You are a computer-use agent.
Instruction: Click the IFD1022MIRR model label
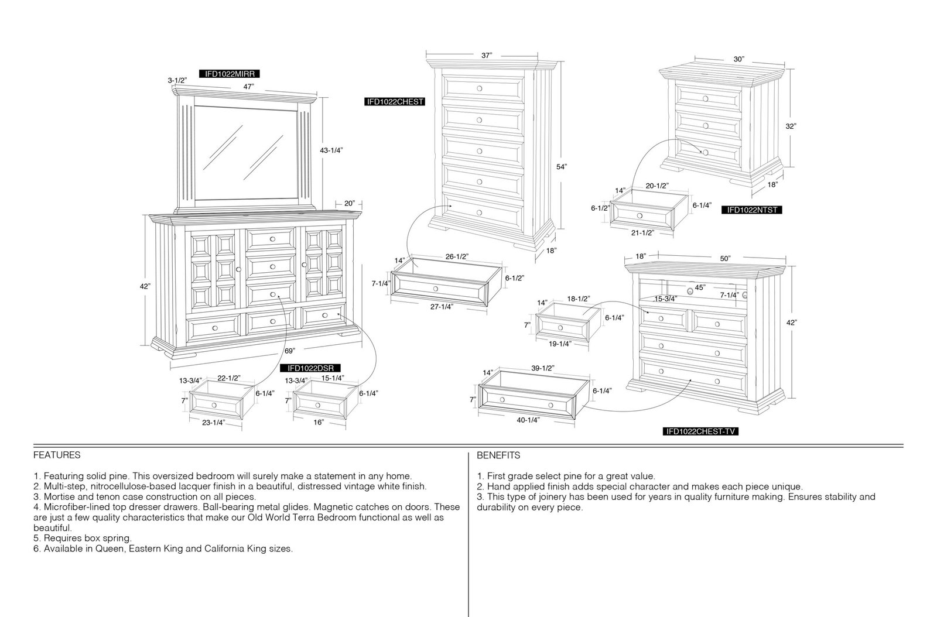pyautogui.click(x=230, y=74)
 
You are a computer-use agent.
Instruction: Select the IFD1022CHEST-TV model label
pyautogui.click(x=700, y=431)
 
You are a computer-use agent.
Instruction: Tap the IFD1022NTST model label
pyautogui.click(x=752, y=210)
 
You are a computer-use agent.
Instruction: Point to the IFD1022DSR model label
pyautogui.click(x=310, y=368)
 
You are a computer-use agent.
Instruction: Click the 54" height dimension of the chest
pyautogui.click(x=562, y=167)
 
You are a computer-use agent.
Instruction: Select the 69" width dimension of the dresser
pyautogui.click(x=289, y=351)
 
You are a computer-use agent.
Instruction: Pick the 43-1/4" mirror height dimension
pyautogui.click(x=331, y=150)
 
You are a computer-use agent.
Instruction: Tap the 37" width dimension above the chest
pyautogui.click(x=487, y=55)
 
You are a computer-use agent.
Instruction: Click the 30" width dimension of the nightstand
pyautogui.click(x=738, y=59)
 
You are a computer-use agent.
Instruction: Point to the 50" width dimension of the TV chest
pyautogui.click(x=726, y=259)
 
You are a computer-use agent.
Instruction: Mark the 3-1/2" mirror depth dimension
pyautogui.click(x=177, y=80)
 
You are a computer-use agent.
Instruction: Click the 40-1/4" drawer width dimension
pyautogui.click(x=528, y=420)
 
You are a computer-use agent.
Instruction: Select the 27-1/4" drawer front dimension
pyautogui.click(x=442, y=307)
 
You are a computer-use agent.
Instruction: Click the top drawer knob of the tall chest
pyautogui.click(x=480, y=88)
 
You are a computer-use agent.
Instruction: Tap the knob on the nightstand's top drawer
pyautogui.click(x=705, y=99)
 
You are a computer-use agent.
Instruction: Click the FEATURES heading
pyautogui.click(x=57, y=455)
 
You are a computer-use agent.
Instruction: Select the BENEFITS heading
pyautogui.click(x=498, y=455)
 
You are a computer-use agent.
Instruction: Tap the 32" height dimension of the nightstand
pyautogui.click(x=791, y=126)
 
